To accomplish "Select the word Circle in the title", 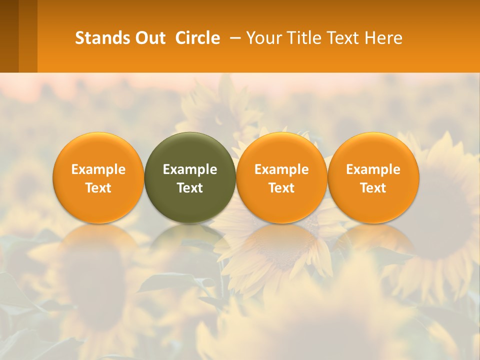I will coord(197,38).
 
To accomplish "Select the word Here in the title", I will coord(385,38).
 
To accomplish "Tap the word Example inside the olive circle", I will coord(190,169).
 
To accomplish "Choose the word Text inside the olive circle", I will coord(190,188).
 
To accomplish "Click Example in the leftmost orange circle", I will coord(98,169).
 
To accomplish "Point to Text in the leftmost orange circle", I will coord(98,188).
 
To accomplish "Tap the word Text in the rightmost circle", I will coord(373,188).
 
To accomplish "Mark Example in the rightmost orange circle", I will coord(373,169).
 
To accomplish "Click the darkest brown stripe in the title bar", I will coord(9,36).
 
